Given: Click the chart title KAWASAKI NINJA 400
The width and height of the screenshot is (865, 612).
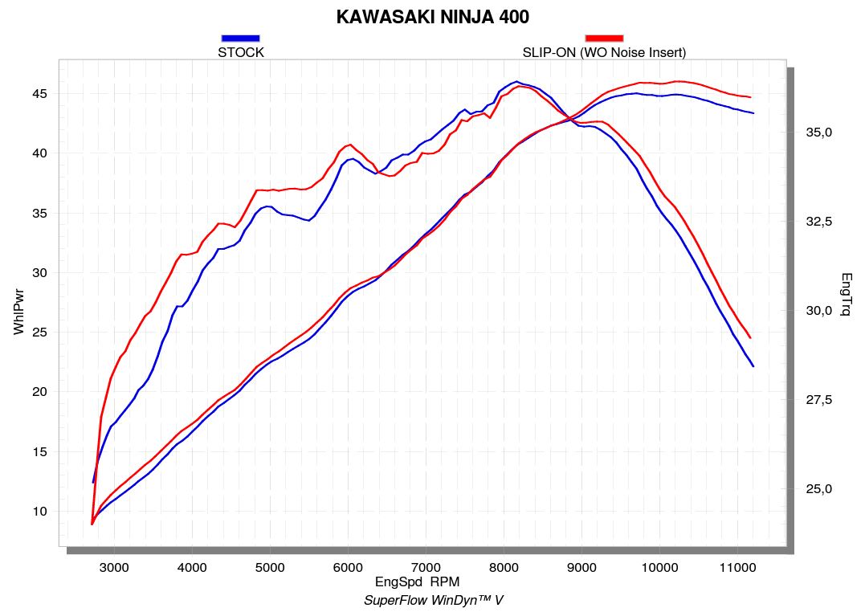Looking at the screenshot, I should pos(432,17).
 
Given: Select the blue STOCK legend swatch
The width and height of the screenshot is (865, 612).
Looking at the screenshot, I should pos(240,38).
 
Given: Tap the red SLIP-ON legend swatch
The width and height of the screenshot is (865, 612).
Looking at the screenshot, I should pos(604,38).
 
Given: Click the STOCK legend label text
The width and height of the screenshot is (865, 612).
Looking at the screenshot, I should pos(241,53).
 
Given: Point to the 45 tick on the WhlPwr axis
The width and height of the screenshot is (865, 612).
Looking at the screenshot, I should pos(40,94).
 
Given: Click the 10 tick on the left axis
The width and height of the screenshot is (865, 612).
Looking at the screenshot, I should pos(40,512).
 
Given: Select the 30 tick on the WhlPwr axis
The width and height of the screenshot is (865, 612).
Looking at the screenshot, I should pos(40,273).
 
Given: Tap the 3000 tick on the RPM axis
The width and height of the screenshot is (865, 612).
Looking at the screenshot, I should pos(113,568).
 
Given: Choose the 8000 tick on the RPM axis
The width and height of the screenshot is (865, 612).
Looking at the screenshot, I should pos(504,568).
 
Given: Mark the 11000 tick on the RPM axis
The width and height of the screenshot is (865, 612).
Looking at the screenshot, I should pos(737,568).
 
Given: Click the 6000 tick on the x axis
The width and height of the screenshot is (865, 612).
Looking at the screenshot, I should pos(348,568).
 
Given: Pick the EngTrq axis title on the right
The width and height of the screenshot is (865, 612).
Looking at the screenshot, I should pos(846,294).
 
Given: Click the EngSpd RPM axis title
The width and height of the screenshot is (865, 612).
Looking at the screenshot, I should pos(417,581).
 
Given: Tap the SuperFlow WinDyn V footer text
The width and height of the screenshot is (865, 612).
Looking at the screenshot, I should pos(433,600).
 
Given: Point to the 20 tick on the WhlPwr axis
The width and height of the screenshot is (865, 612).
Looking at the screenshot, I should pos(40,392).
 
